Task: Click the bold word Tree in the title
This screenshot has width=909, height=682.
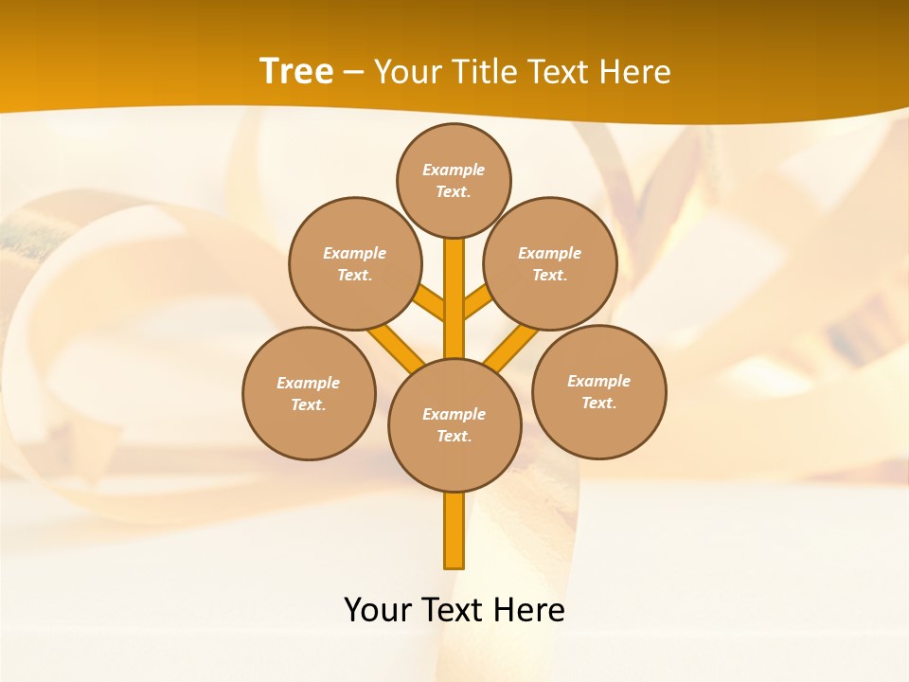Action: (296, 71)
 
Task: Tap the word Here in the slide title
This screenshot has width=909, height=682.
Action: (635, 72)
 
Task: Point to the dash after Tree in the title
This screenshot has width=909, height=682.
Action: (353, 72)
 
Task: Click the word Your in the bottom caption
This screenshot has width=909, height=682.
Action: (378, 610)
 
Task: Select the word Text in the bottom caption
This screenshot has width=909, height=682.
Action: (454, 610)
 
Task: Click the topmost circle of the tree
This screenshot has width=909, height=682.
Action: (454, 180)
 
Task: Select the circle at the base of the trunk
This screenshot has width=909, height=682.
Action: (454, 425)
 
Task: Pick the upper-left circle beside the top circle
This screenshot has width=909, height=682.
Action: (355, 263)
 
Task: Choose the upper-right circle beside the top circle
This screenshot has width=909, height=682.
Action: (550, 263)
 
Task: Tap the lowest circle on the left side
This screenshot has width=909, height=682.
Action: (309, 393)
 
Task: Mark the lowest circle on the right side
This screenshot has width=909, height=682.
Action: (598, 391)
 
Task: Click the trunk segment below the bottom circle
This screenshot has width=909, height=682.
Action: (454, 530)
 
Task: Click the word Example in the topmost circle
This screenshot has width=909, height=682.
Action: (454, 170)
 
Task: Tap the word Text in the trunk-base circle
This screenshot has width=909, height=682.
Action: (454, 437)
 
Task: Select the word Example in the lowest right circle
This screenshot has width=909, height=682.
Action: (598, 381)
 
